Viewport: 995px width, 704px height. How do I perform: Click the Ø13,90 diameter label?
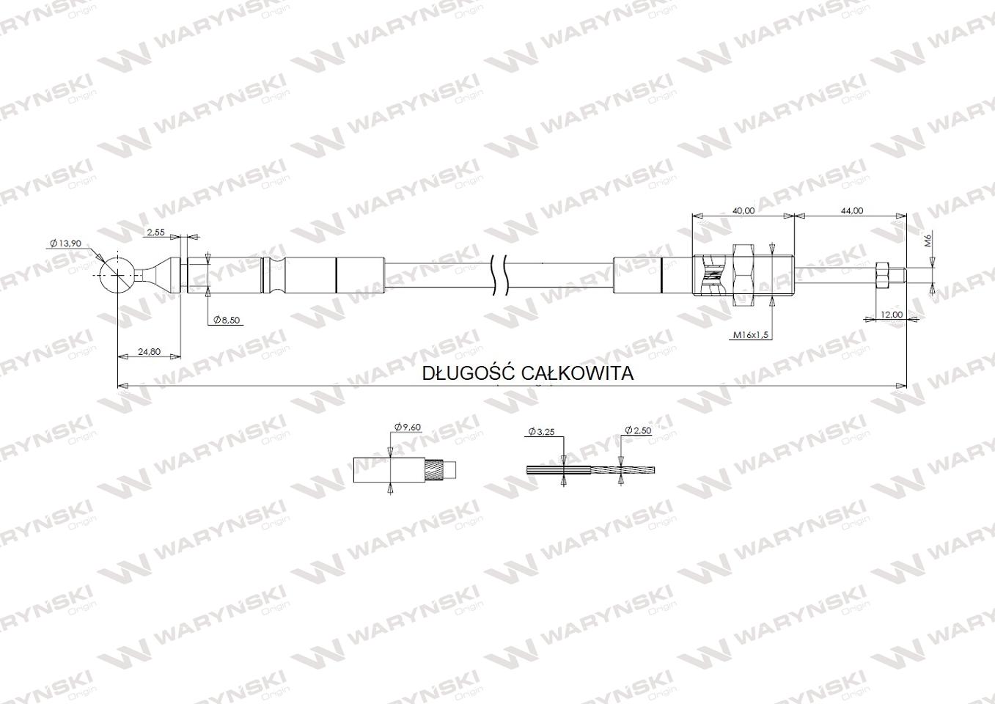[x=66, y=243]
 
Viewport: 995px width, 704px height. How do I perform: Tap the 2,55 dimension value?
[x=155, y=232]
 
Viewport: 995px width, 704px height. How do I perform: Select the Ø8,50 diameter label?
[x=228, y=320]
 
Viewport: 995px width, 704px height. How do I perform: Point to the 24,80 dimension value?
[x=149, y=351]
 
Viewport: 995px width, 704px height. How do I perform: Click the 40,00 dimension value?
[x=744, y=210]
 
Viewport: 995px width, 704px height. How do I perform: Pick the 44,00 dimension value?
[x=851, y=210]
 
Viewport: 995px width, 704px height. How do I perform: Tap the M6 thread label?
[x=927, y=239]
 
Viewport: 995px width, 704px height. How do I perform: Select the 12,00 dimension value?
[x=891, y=314]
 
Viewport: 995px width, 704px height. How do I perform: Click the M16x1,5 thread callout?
[x=750, y=334]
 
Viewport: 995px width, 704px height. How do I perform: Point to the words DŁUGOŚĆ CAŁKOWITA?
[x=528, y=373]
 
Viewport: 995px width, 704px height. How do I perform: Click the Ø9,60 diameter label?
[x=408, y=427]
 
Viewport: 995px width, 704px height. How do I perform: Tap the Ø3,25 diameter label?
[x=542, y=433]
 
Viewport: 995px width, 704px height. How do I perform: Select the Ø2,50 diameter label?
[x=638, y=430]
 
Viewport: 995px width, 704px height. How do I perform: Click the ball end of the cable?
[x=117, y=274]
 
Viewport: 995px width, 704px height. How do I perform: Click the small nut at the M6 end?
[x=882, y=275]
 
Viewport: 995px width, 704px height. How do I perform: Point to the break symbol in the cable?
[x=499, y=275]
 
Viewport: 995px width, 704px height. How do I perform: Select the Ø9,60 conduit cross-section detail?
[x=403, y=469]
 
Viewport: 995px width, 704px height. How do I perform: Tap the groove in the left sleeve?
[x=272, y=275]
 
